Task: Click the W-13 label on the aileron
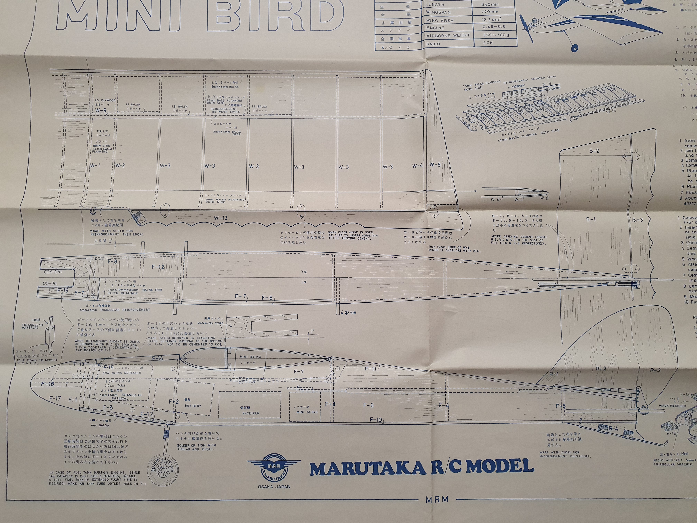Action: pos(220,218)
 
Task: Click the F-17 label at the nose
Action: pos(55,398)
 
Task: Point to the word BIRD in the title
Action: pos(274,16)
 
